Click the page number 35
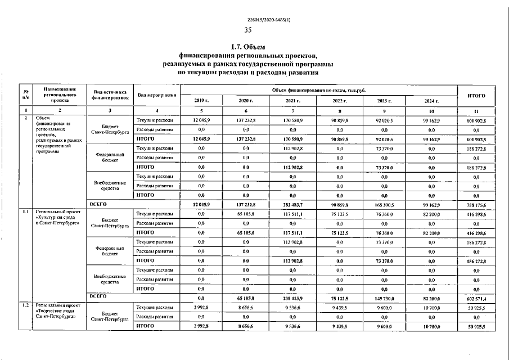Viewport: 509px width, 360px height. [x=248, y=30]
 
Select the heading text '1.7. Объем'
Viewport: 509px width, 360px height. [x=248, y=46]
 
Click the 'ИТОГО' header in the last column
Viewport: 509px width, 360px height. [x=476, y=95]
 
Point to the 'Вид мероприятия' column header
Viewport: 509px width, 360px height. [x=156, y=95]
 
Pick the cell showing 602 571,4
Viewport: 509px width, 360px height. [x=476, y=298]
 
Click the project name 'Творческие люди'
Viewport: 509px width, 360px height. [x=56, y=311]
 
